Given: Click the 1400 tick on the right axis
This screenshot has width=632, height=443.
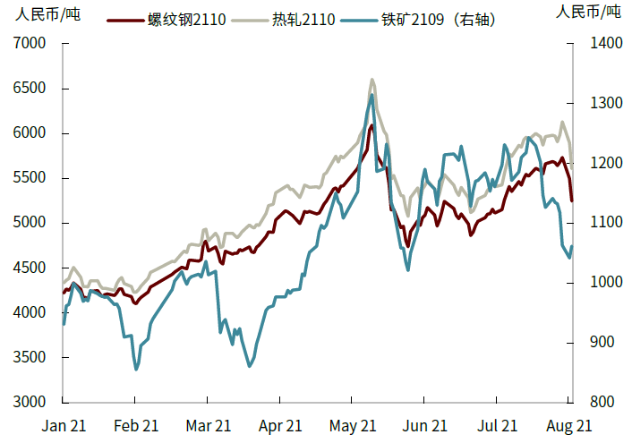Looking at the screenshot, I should (596, 44).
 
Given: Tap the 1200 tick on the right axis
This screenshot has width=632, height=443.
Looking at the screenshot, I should (596, 163).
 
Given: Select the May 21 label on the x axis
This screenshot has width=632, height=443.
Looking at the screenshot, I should (352, 426).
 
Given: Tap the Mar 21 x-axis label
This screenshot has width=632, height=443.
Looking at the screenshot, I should (209, 426).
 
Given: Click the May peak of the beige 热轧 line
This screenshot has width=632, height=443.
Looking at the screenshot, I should (372, 80).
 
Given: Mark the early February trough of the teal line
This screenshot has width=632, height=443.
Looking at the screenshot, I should (136, 369).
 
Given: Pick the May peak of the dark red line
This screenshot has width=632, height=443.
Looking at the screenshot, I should (372, 126).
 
